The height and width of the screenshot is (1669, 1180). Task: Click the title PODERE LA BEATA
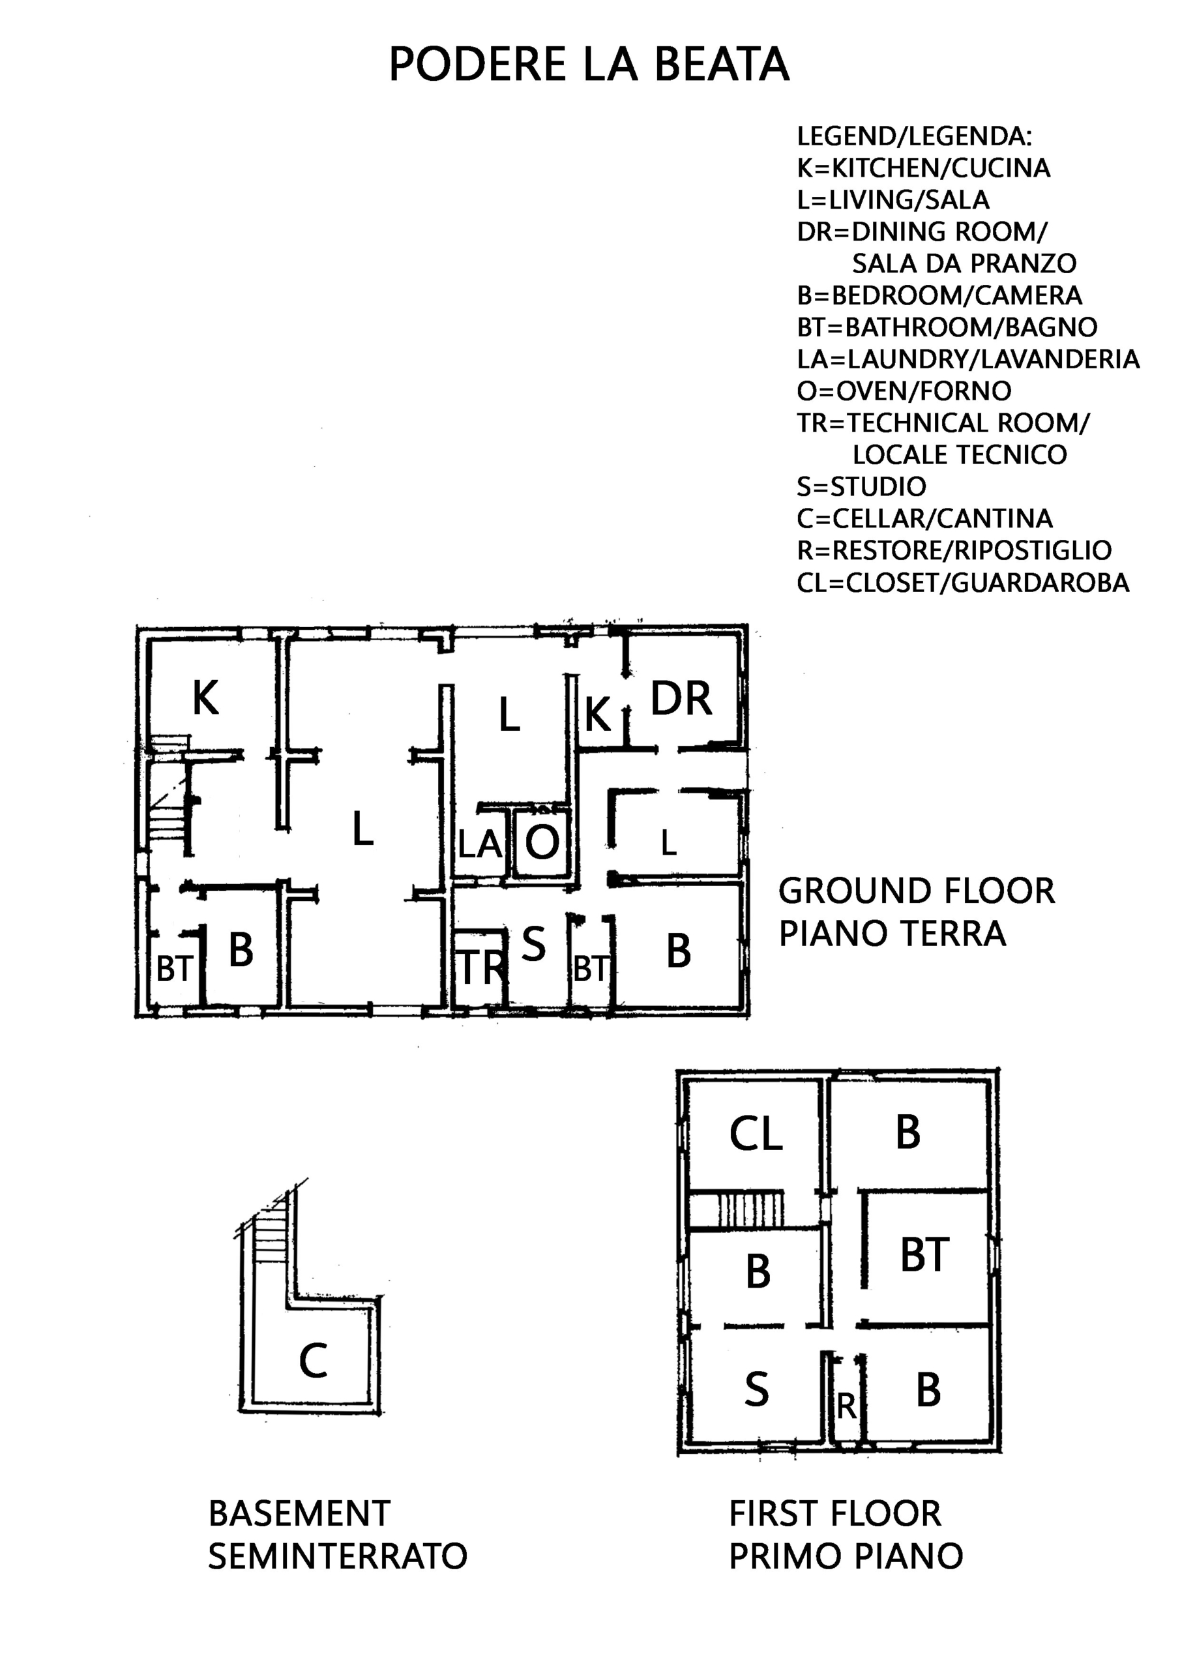[589, 64]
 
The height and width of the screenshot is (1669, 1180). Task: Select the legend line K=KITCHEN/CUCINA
[923, 168]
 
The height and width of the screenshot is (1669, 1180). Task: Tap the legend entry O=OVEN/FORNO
[904, 391]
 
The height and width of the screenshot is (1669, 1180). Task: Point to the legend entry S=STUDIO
[862, 486]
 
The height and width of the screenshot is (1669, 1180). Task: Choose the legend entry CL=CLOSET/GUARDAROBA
[964, 582]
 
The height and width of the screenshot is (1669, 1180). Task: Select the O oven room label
[542, 842]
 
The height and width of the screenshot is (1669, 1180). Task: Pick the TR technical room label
[482, 967]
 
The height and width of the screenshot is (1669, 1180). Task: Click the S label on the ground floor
[534, 944]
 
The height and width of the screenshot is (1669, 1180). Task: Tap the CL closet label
[756, 1133]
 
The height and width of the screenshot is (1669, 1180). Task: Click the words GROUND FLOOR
[916, 891]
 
